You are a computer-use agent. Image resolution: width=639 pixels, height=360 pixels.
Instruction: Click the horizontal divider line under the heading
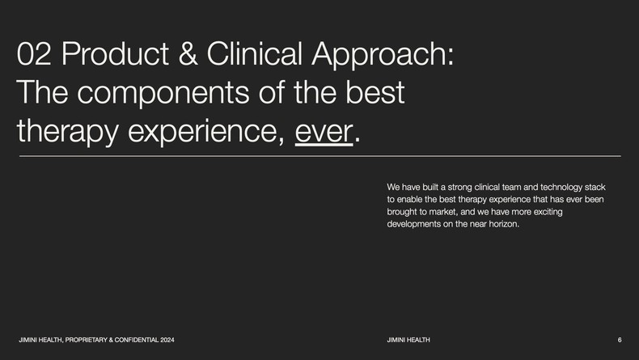pyautogui.click(x=319, y=155)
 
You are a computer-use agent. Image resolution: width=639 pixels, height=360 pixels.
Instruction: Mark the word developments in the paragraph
pyautogui.click(x=415, y=224)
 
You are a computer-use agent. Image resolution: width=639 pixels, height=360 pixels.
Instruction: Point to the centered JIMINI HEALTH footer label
pyautogui.click(x=408, y=339)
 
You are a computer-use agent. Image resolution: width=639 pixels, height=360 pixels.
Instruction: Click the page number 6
pyautogui.click(x=619, y=339)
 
